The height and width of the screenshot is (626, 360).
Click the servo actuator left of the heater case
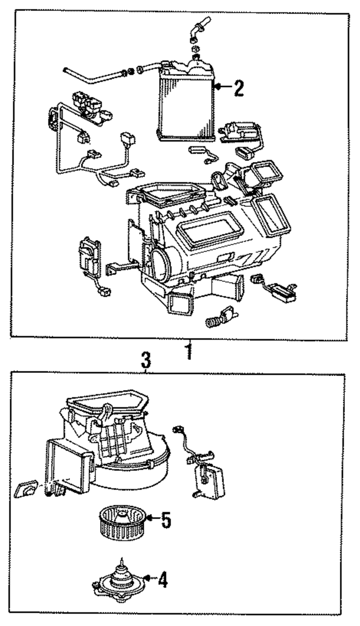(89, 256)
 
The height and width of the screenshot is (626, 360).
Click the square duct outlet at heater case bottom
(180, 301)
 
